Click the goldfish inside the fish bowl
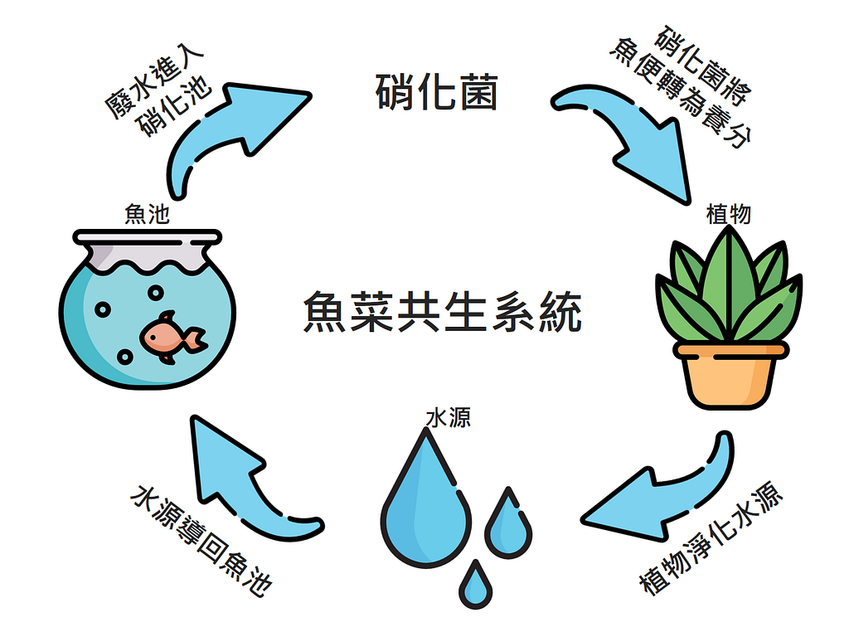pos(173,337)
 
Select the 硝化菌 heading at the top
pos(436,92)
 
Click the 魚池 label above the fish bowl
pos(147,214)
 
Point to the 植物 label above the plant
pos(728,214)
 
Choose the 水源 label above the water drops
pos(448,418)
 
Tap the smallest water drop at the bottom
pos(475,585)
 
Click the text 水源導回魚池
pos(201,540)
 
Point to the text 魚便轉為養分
pos(681,93)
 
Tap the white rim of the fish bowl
pos(148,237)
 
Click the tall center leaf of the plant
pos(730,282)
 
